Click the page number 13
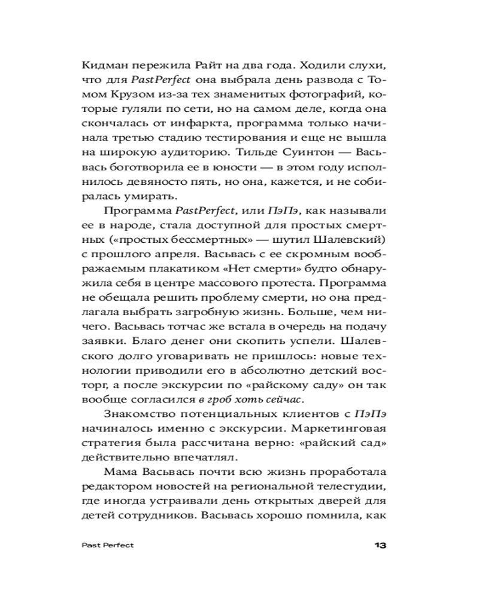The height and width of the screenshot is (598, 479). pyautogui.click(x=381, y=545)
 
